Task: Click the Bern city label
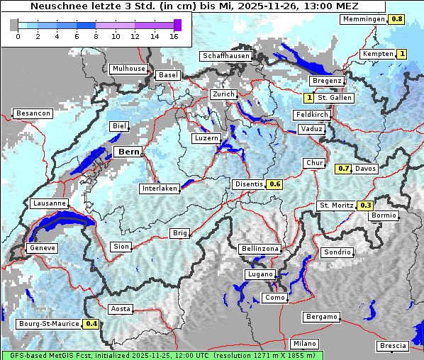coord(129,152)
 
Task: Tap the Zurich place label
coord(223,94)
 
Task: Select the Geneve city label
coord(41,248)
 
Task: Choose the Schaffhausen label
coord(225,56)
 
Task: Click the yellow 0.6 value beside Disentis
coord(275,184)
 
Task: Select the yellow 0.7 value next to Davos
coord(343,169)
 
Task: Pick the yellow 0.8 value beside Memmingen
coord(397,19)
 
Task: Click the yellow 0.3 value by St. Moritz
coord(365,206)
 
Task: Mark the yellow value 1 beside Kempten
coord(402,54)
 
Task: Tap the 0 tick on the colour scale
coord(17,36)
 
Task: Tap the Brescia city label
coord(393,346)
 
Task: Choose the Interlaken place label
coord(160,189)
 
